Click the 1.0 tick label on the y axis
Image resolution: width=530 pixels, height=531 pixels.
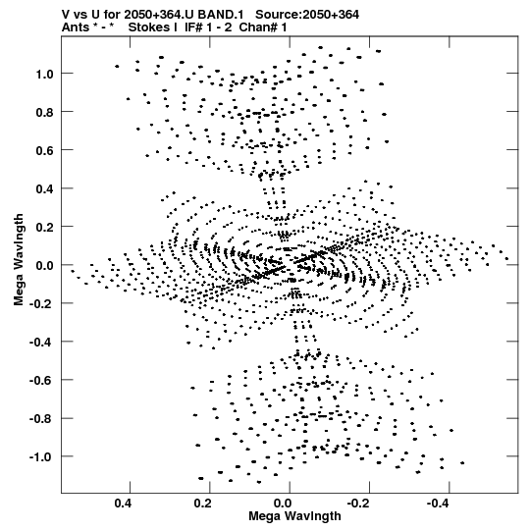point(44,74)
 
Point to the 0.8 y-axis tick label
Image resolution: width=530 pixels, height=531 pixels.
point(44,112)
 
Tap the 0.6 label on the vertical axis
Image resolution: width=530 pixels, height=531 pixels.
point(44,150)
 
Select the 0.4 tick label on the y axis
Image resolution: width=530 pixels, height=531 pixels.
point(44,188)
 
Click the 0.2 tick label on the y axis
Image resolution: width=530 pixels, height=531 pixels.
point(44,227)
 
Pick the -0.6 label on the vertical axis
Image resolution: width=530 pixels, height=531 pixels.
point(41,380)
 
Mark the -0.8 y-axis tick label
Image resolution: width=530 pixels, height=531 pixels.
point(41,419)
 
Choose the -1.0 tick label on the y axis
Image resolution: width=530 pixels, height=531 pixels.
point(41,457)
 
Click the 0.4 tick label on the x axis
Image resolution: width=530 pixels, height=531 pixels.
point(123,504)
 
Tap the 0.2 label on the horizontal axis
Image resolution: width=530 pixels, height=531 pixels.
point(203,504)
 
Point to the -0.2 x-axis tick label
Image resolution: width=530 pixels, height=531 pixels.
point(359,504)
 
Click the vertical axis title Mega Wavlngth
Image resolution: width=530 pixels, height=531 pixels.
point(19,260)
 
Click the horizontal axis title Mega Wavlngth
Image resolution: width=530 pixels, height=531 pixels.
point(294,516)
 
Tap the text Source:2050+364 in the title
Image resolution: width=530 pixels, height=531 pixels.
point(307,15)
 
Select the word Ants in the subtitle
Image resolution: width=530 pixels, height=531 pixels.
point(76,27)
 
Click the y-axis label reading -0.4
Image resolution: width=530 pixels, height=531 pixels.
point(41,342)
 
